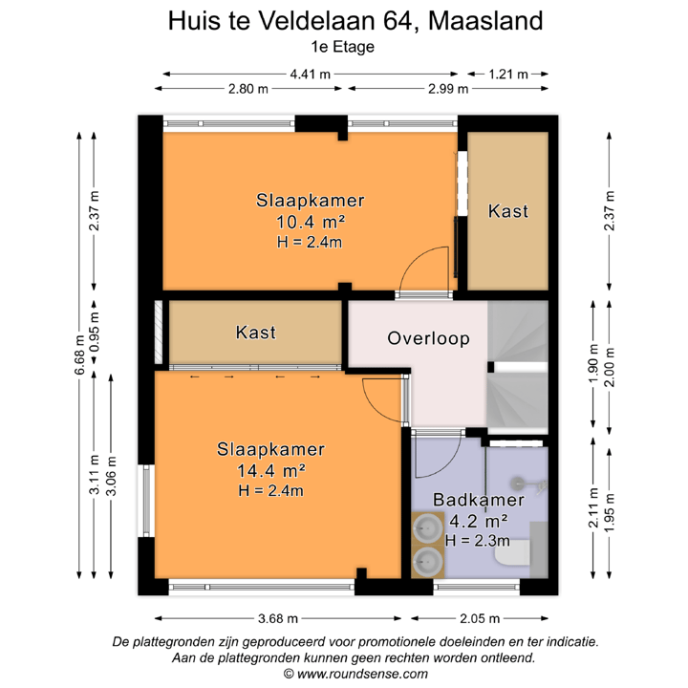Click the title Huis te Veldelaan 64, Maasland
click(x=344, y=19)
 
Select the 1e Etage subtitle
click(x=344, y=45)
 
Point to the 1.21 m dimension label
click(x=506, y=74)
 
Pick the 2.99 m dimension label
click(x=446, y=89)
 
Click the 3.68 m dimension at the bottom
click(x=276, y=617)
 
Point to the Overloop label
click(x=428, y=338)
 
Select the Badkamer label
click(x=478, y=500)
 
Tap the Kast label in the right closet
click(x=507, y=211)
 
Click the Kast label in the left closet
click(x=256, y=333)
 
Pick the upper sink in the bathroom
click(x=425, y=527)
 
